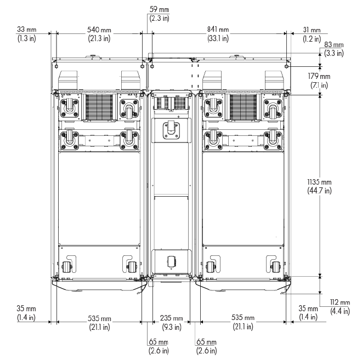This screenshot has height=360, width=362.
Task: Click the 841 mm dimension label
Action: [x=218, y=30]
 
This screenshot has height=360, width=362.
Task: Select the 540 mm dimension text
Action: [x=99, y=30]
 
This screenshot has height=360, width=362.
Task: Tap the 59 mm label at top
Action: [x=159, y=9]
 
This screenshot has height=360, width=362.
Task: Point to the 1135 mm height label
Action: [x=319, y=182]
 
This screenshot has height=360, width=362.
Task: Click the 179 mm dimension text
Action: [x=319, y=76]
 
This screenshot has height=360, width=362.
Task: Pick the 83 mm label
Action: [x=334, y=44]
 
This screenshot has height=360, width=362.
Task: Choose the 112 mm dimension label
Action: [x=340, y=302]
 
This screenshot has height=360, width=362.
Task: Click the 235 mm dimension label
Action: [x=171, y=318]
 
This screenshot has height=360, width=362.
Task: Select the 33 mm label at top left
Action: [x=26, y=30]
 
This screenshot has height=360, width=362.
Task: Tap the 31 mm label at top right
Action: [x=312, y=30]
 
